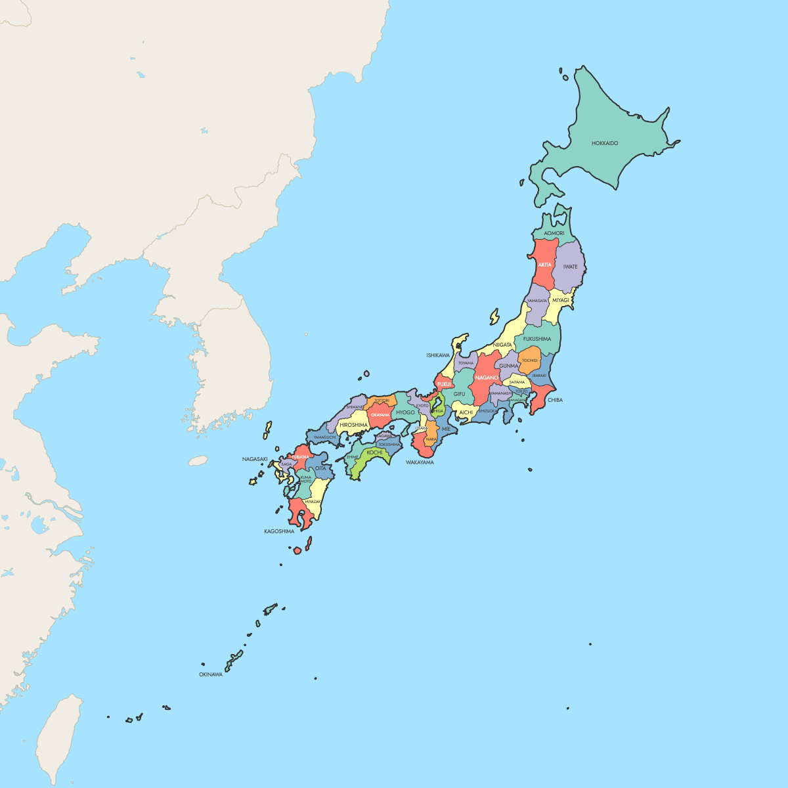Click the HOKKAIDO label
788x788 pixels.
(x=605, y=143)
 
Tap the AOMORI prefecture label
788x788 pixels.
(x=554, y=233)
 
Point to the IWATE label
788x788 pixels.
(x=570, y=267)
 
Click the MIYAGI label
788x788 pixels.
(x=560, y=300)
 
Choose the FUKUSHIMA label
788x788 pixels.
(x=537, y=339)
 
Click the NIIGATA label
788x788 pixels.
(x=502, y=345)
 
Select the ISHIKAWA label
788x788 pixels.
(x=438, y=355)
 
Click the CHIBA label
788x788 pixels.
(x=555, y=400)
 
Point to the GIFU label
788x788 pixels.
(x=459, y=394)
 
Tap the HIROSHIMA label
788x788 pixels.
(x=354, y=425)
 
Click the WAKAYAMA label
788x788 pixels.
(x=420, y=462)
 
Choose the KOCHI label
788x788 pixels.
(x=374, y=452)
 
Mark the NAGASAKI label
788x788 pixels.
(x=255, y=459)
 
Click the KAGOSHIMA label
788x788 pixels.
(x=279, y=531)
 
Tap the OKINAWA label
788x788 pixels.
(x=211, y=674)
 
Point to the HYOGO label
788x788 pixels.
(x=405, y=412)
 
